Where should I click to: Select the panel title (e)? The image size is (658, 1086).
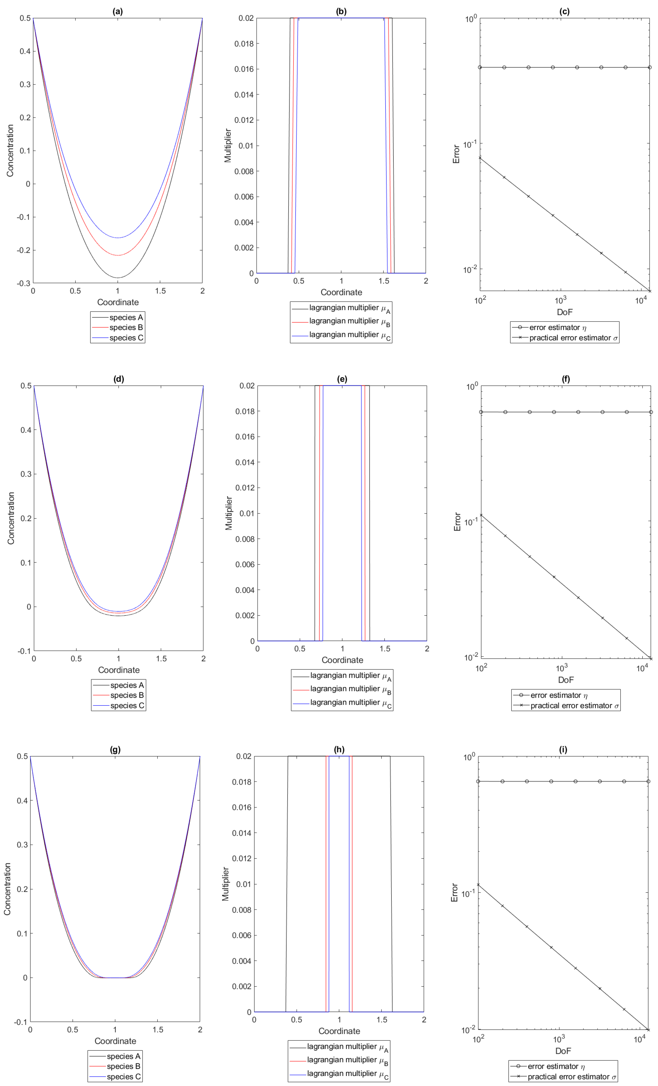pyautogui.click(x=342, y=379)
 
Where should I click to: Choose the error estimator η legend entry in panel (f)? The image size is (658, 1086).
pyautogui.click(x=559, y=695)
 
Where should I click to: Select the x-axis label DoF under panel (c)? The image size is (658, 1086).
pyautogui.click(x=564, y=312)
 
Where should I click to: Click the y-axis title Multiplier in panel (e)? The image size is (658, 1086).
pyautogui.click(x=228, y=513)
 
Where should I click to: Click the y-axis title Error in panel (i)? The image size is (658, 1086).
pyautogui.click(x=454, y=893)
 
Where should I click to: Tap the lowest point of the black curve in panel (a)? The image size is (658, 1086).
pyautogui.click(x=118, y=278)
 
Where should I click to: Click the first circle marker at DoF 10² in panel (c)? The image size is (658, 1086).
pyautogui.click(x=480, y=68)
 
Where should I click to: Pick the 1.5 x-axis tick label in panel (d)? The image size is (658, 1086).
pyautogui.click(x=161, y=658)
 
